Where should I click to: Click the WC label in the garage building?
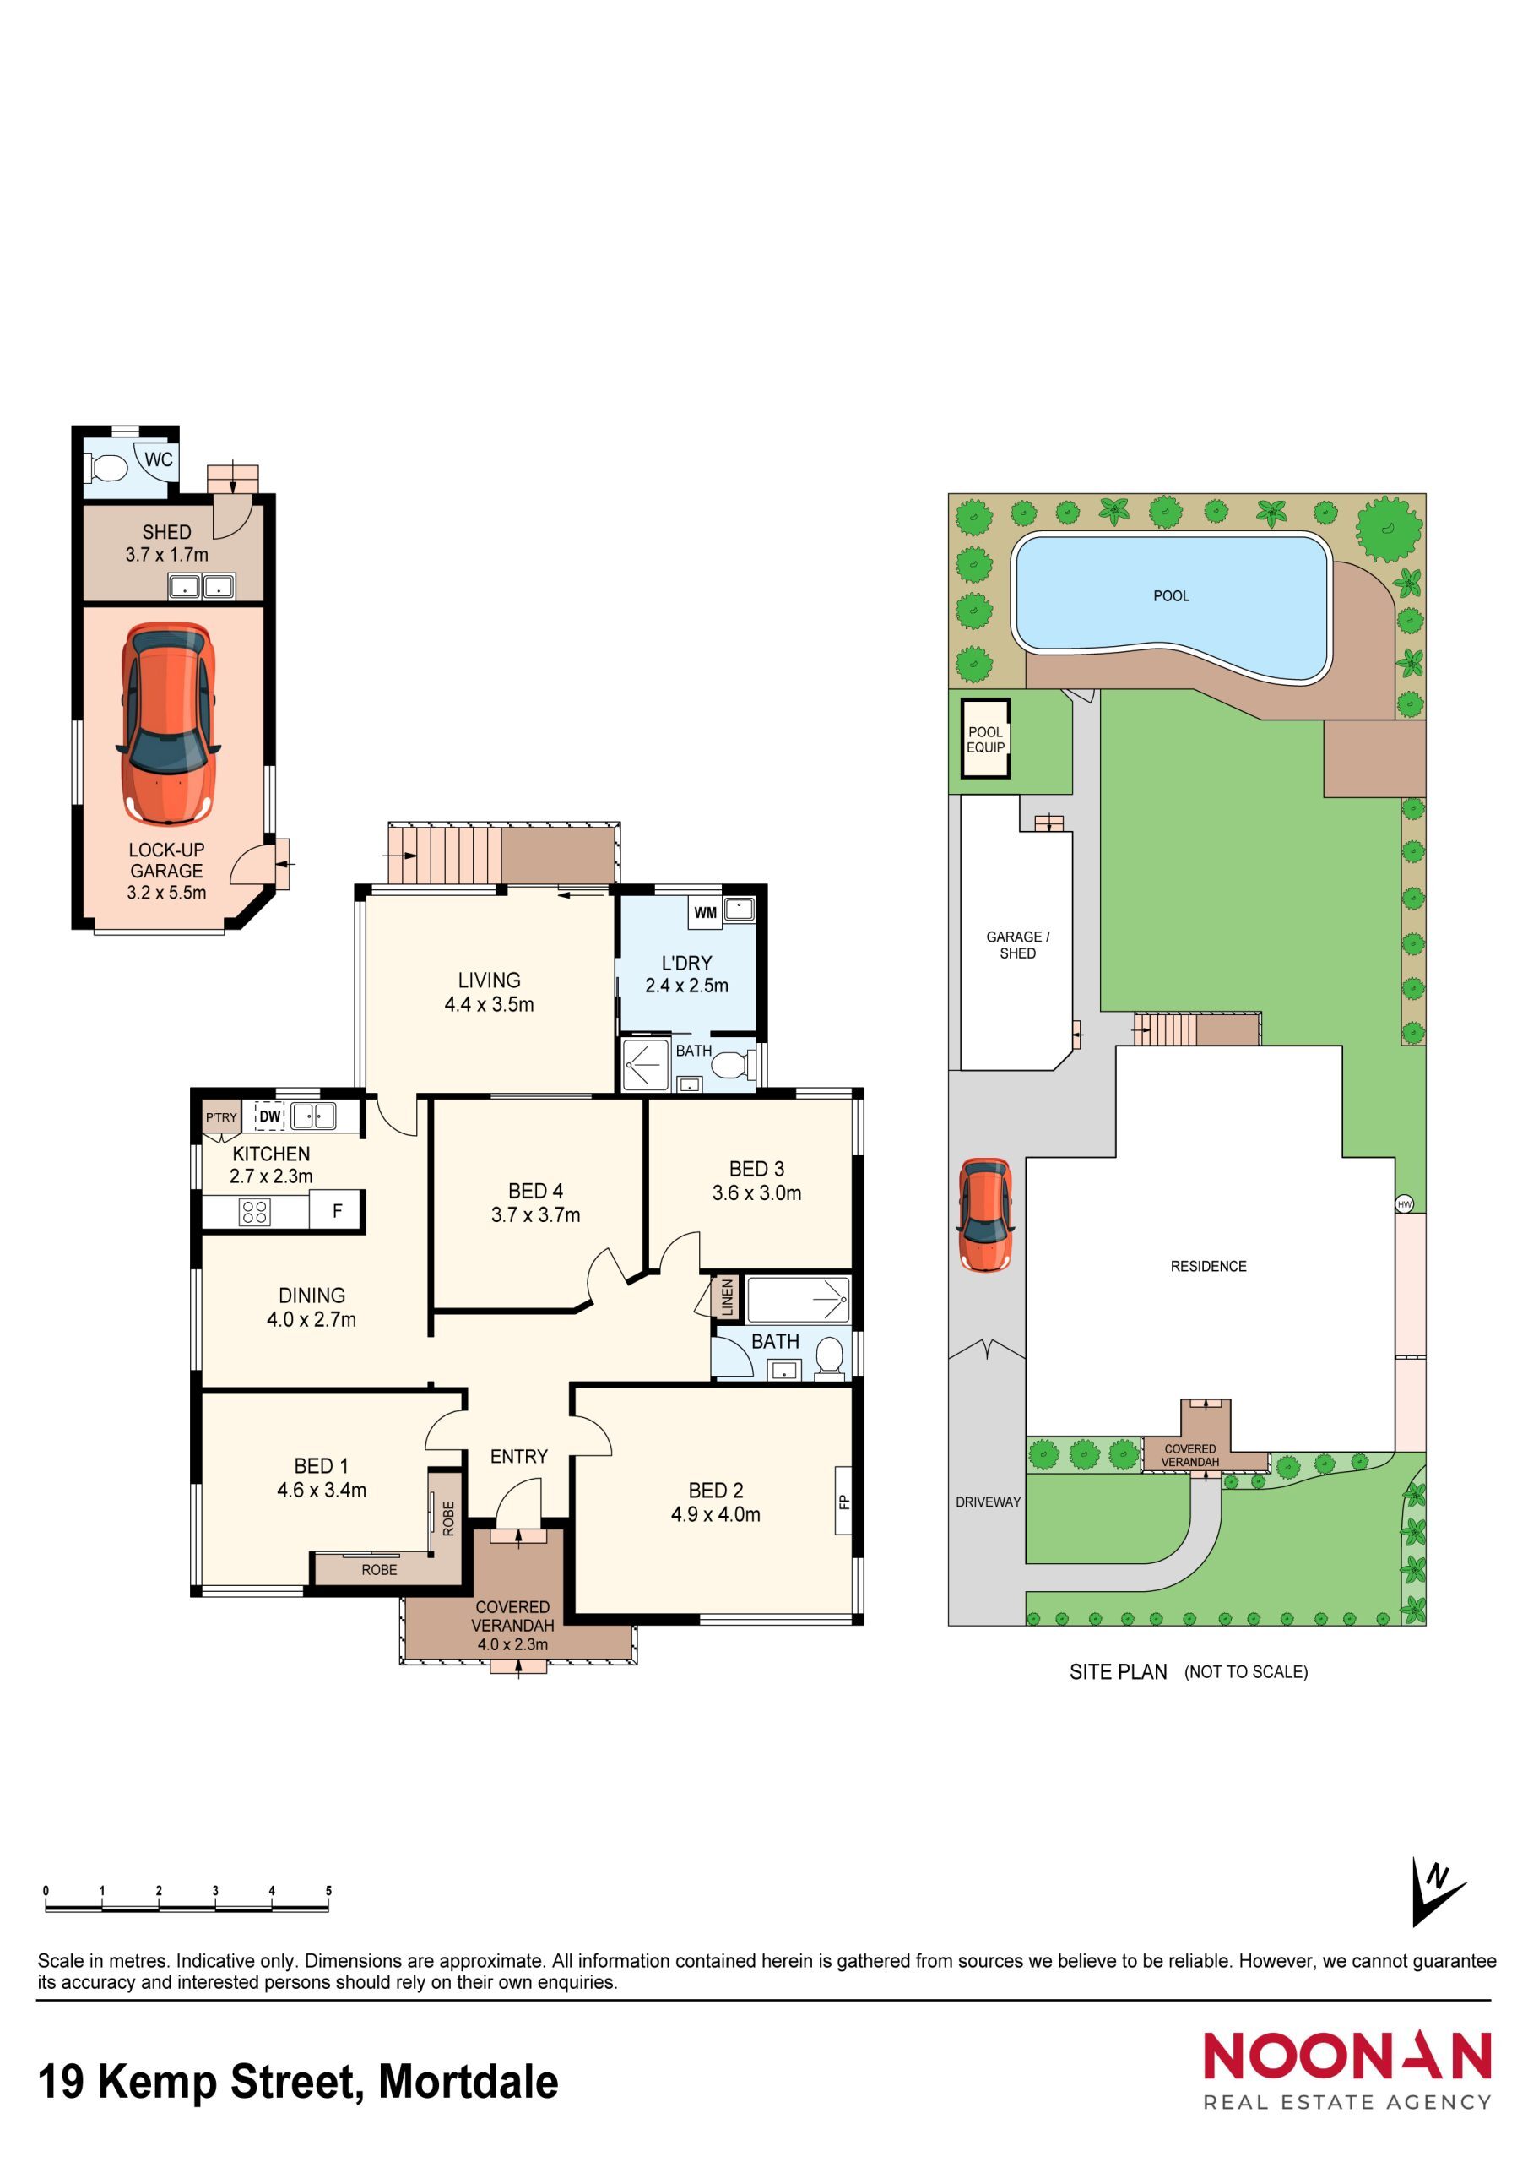158,459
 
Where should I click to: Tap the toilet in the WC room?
107,467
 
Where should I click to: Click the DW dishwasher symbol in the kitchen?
270,1116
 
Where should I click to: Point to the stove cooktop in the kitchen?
255,1211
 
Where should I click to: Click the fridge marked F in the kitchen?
336,1211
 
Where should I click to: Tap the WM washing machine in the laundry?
705,911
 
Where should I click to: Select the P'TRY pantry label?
221,1116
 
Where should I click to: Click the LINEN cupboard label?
727,1297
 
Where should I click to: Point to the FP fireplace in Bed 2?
843,1501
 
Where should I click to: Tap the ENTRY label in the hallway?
517,1457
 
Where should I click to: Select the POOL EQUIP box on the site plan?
985,739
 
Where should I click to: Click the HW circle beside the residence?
1404,1203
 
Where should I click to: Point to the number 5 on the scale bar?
328,1890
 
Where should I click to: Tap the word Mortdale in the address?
468,2082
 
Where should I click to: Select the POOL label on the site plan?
1170,596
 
